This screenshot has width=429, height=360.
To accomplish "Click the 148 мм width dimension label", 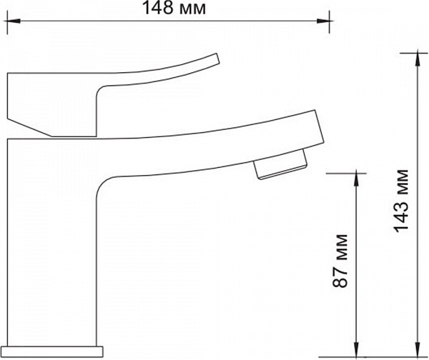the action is click(174, 8).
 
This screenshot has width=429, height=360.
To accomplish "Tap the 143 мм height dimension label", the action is click(401, 201).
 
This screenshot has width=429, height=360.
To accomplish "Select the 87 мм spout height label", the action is click(340, 261).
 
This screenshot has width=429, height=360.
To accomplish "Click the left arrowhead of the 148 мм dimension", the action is click(14, 21).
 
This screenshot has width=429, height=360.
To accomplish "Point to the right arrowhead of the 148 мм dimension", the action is click(323, 21).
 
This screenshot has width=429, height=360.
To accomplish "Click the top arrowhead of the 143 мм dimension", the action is click(418, 59).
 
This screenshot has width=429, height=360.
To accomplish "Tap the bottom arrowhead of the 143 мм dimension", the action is click(418, 350).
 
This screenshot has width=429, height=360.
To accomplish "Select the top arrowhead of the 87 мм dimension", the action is click(356, 180).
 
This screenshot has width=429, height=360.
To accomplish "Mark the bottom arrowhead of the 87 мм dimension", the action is click(356, 350).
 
